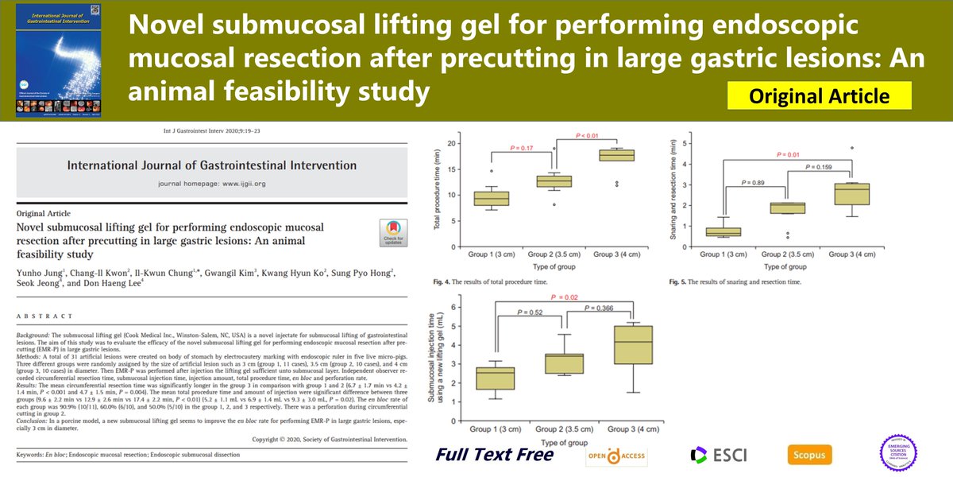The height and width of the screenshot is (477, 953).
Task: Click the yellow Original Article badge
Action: coord(819,97)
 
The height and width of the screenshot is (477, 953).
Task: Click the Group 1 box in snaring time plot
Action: coord(723,232)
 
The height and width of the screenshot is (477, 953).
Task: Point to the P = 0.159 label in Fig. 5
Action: coord(820,168)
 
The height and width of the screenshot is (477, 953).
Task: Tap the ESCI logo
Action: coord(712,456)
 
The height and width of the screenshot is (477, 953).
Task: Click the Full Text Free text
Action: coord(494,455)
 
